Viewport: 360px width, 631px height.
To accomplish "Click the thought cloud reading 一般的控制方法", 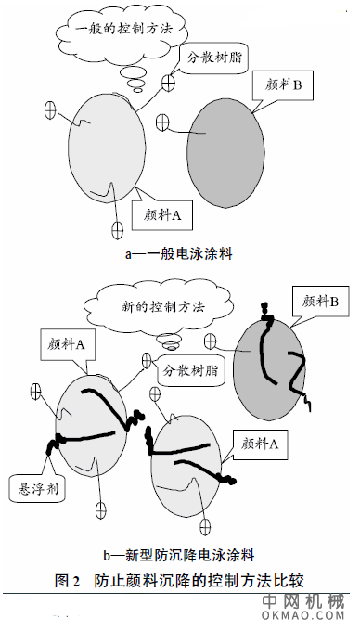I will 113,30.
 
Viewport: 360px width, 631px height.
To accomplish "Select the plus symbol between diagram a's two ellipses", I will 163,121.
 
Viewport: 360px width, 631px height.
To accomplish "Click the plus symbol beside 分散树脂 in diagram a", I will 168,84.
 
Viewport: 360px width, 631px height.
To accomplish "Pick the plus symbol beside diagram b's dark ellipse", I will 211,342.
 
